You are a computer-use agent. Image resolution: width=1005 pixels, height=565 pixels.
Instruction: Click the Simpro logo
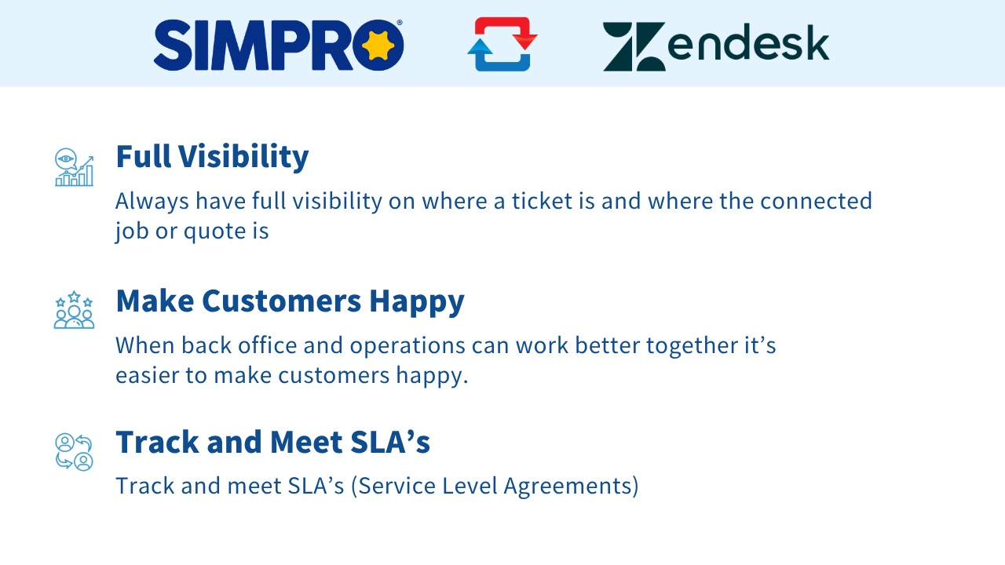[279, 45]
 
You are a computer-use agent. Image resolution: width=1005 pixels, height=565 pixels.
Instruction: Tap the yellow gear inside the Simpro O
[378, 46]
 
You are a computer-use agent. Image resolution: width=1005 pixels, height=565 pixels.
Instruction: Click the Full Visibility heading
[212, 158]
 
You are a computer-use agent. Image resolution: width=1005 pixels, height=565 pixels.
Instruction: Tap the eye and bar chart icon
[74, 167]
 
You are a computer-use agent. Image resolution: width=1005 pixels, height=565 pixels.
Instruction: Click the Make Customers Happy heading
[291, 302]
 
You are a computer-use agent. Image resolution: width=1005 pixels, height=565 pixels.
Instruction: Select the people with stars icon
[74, 310]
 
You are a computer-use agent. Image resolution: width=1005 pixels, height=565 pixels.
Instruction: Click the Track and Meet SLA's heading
[272, 442]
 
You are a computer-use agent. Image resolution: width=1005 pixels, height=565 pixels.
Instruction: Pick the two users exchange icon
[74, 451]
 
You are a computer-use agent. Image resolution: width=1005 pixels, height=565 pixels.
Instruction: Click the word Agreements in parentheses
[567, 487]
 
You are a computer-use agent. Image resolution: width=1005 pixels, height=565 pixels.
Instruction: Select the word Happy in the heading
[417, 303]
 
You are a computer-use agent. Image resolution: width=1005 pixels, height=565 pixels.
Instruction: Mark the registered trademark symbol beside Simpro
[400, 23]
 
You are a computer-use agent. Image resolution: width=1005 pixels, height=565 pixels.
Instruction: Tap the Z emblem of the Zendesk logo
[634, 46]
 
